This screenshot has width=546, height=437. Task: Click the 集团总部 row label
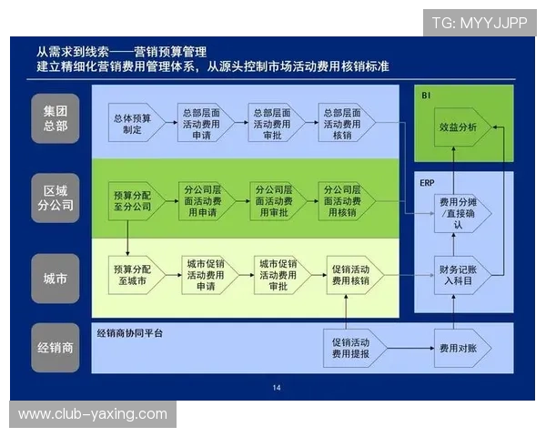pos(56,117)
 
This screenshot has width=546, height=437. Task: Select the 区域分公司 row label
pos(56,198)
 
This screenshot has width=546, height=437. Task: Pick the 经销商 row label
pos(56,347)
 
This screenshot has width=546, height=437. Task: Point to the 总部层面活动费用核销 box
pos(347,124)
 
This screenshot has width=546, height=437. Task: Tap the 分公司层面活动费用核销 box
pos(347,201)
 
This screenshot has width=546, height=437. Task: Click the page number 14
pos(277,388)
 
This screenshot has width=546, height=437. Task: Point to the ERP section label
pos(427,182)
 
